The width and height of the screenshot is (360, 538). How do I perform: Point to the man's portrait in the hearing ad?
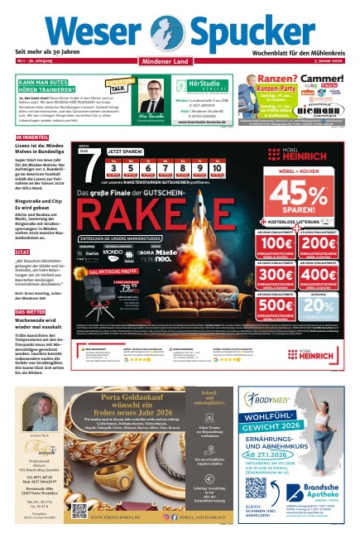pyautogui.click(x=151, y=93)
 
